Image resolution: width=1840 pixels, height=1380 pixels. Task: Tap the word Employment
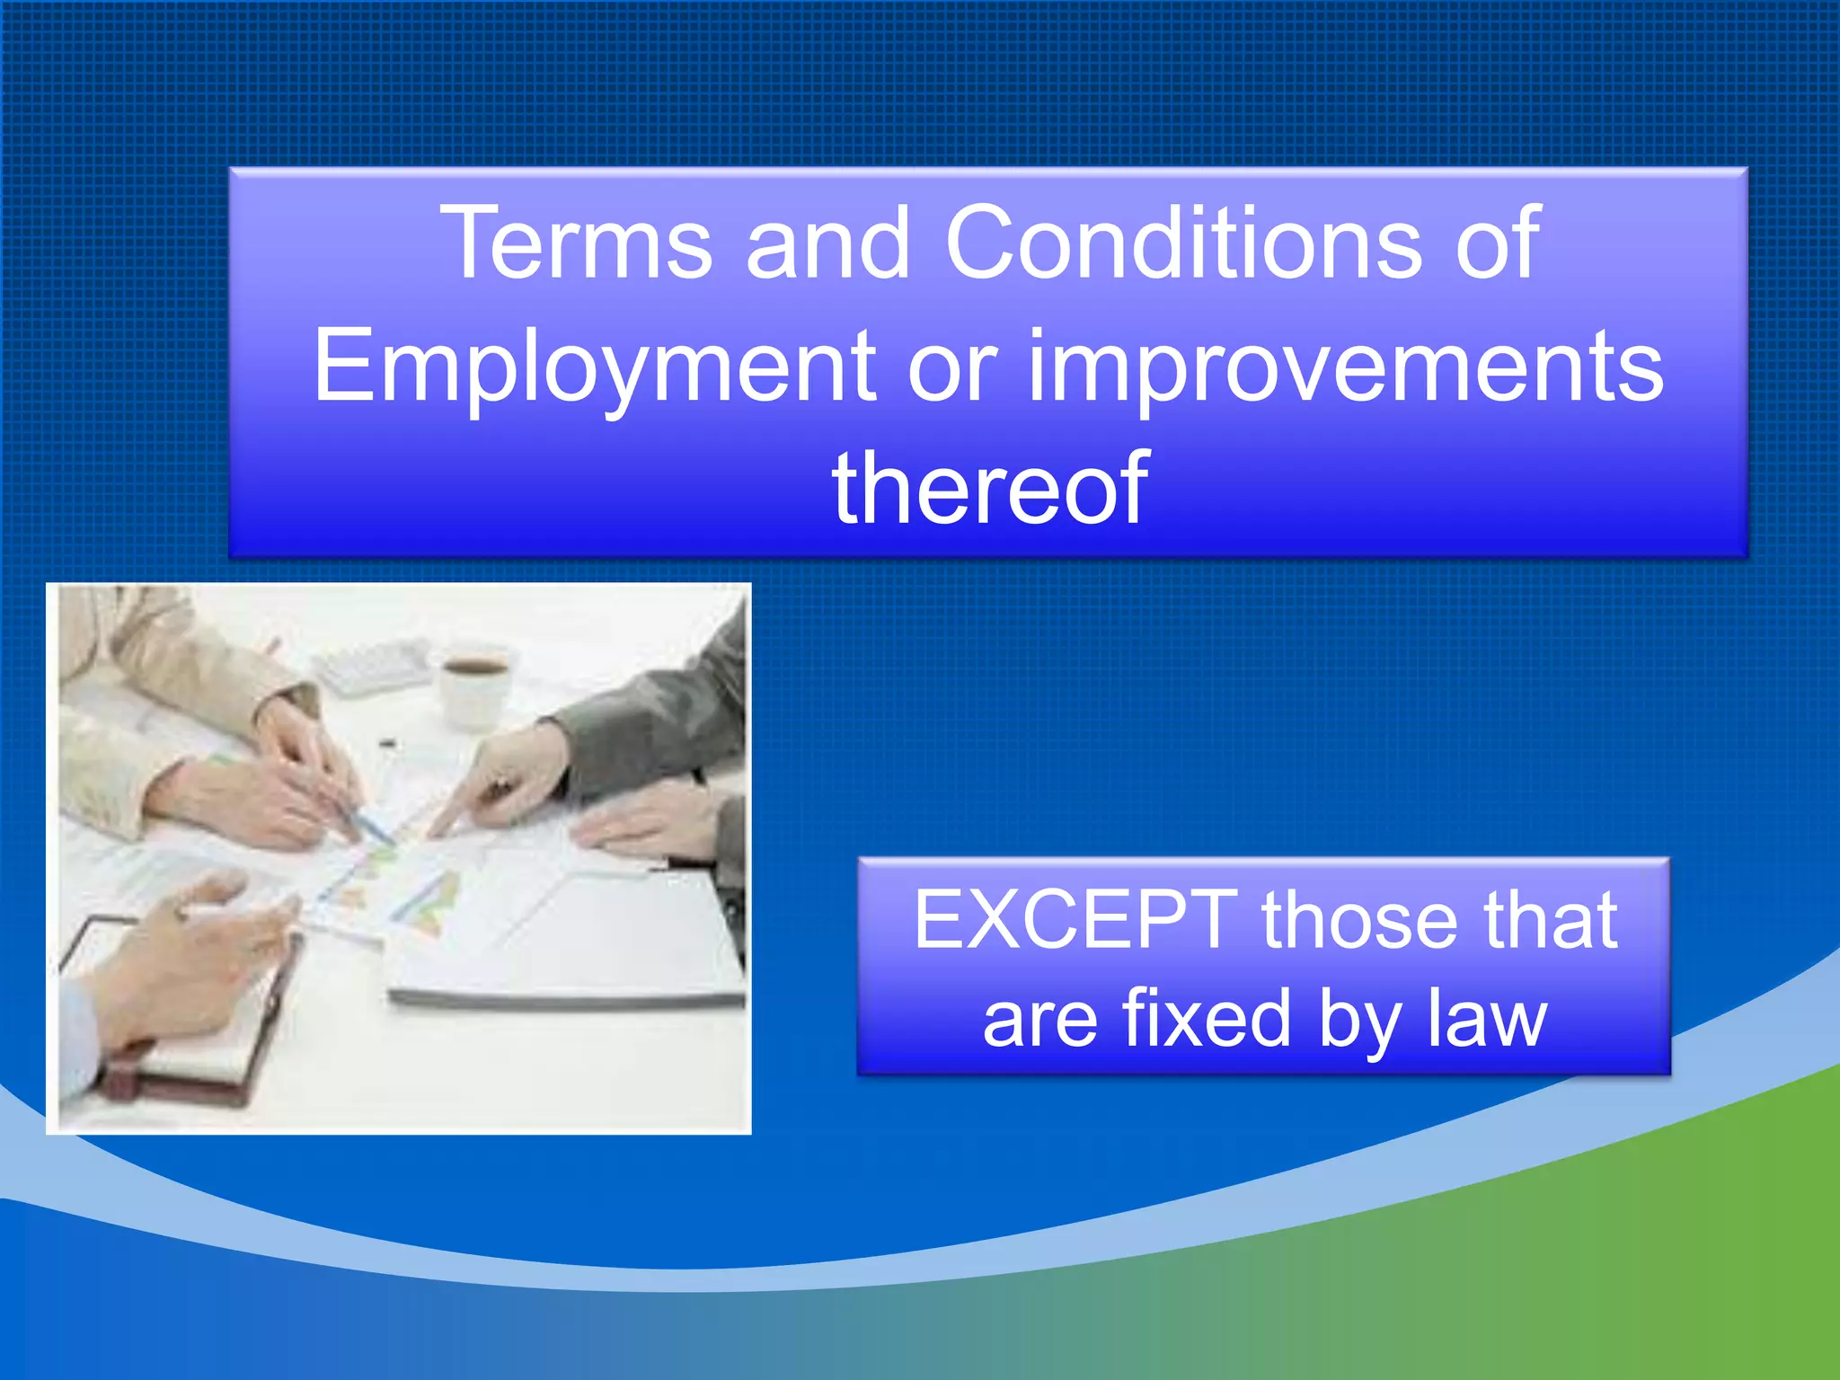(594, 367)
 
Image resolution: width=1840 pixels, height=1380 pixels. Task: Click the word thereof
(989, 489)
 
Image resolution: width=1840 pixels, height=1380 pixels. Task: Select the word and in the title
(827, 243)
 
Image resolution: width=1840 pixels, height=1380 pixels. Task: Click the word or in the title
(952, 367)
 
